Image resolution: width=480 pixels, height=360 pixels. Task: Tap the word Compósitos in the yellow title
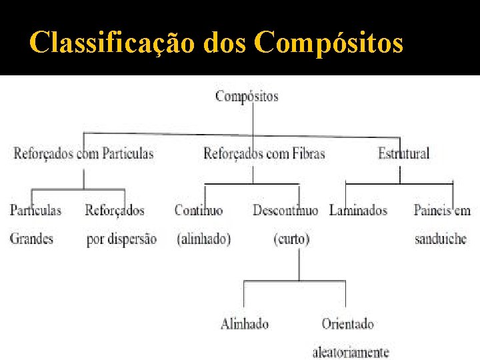tap(329, 43)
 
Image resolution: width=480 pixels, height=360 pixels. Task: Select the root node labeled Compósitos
tap(247, 96)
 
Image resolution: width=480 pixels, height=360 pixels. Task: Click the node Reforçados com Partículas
tap(83, 153)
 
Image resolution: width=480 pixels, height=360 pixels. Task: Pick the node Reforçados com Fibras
tap(264, 153)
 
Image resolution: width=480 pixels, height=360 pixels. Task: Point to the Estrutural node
tap(403, 153)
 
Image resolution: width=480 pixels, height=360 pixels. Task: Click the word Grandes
tap(31, 238)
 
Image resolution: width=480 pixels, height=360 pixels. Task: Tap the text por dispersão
tap(121, 239)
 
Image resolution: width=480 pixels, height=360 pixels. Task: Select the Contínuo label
tap(199, 211)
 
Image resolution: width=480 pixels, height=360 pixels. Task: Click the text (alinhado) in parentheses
tap(203, 239)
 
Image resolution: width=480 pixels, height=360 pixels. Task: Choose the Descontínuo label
tap(285, 211)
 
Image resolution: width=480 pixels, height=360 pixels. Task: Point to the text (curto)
tap(291, 239)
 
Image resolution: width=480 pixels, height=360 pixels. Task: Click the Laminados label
tap(358, 211)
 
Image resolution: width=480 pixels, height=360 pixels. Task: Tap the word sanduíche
tap(440, 239)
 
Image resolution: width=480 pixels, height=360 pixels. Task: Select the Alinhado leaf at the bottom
tap(245, 324)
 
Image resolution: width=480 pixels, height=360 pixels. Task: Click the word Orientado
tap(347, 324)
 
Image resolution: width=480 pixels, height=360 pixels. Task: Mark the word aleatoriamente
tap(351, 351)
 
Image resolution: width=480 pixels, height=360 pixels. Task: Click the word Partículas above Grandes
tap(35, 211)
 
